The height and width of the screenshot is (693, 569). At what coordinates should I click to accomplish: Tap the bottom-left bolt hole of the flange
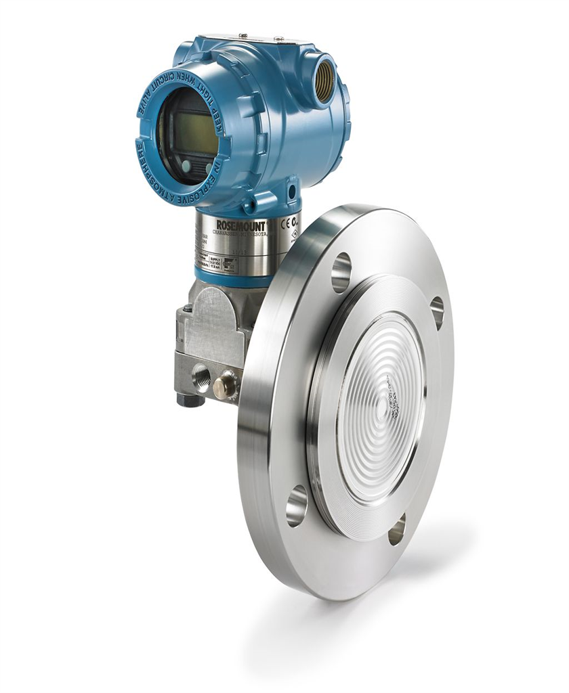[297, 507]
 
